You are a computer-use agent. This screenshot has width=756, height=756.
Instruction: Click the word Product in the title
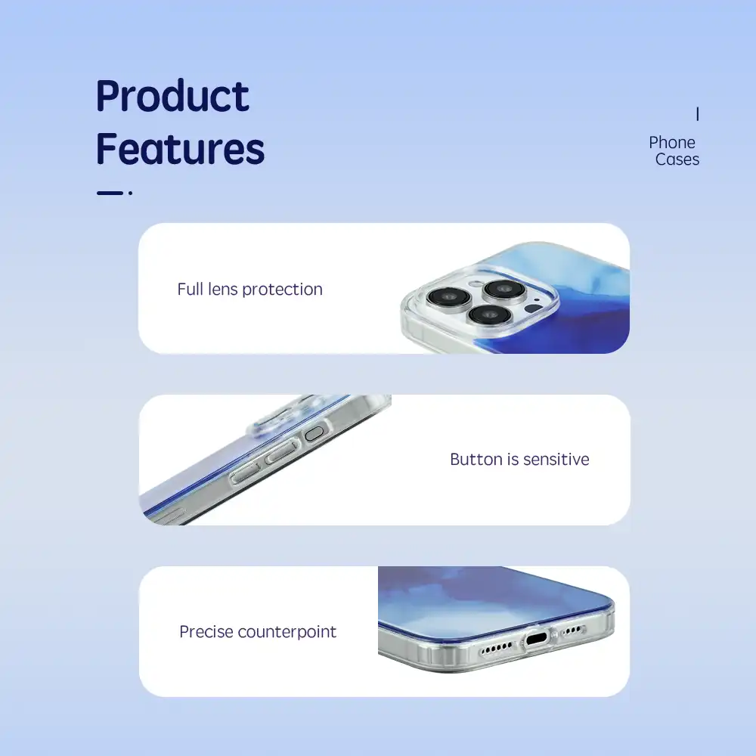(172, 96)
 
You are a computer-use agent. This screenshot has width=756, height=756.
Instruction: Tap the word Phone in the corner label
(671, 143)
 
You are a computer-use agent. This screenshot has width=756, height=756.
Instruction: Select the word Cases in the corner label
(677, 160)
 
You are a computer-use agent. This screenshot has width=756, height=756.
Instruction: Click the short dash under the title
(110, 193)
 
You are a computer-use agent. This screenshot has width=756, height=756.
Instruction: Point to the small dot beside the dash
(130, 193)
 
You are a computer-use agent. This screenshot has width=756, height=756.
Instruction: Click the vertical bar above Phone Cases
(697, 114)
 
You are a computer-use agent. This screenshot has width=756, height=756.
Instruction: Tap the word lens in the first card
(223, 290)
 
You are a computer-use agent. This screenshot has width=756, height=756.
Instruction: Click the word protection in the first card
(283, 290)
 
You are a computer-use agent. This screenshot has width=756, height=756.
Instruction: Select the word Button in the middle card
(476, 460)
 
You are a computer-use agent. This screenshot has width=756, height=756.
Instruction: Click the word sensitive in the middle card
(556, 460)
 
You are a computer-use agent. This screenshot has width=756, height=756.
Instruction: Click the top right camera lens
(505, 289)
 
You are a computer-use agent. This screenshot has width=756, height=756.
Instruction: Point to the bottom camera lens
(489, 314)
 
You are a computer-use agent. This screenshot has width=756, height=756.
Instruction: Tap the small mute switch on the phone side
(314, 433)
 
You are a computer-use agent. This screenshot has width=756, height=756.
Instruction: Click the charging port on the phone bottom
(536, 640)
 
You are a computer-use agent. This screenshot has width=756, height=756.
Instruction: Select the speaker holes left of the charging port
(497, 648)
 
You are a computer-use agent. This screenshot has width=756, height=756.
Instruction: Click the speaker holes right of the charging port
(573, 631)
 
